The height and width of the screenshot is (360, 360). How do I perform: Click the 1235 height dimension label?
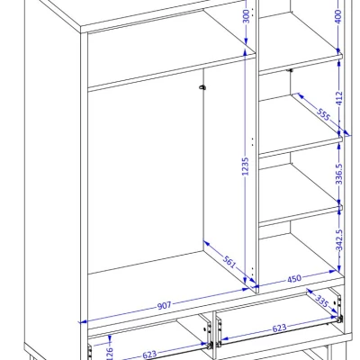(246, 166)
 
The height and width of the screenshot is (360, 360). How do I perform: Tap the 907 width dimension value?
(164, 306)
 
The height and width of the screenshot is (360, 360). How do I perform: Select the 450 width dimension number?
(294, 279)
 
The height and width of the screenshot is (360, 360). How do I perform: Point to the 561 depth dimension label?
(229, 262)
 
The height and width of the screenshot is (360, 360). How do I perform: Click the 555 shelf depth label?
(323, 113)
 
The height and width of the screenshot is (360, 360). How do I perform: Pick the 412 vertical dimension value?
(339, 98)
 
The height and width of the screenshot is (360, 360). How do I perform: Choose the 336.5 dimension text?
(339, 174)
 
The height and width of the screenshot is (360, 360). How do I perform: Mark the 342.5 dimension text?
(339, 240)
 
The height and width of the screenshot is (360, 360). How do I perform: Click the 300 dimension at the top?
(246, 16)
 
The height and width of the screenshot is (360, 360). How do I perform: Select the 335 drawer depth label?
(321, 301)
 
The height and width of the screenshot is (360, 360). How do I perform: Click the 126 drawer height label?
(110, 353)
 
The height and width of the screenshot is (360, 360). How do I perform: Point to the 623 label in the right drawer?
(279, 328)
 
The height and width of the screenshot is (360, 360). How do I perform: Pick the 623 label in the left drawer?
(149, 355)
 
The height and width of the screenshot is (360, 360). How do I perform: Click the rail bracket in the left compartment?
(202, 87)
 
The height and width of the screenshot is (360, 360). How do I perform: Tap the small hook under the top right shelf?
(291, 70)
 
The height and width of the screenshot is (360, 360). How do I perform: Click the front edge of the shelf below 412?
(301, 147)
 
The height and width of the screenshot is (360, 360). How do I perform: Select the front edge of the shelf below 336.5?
(301, 216)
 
